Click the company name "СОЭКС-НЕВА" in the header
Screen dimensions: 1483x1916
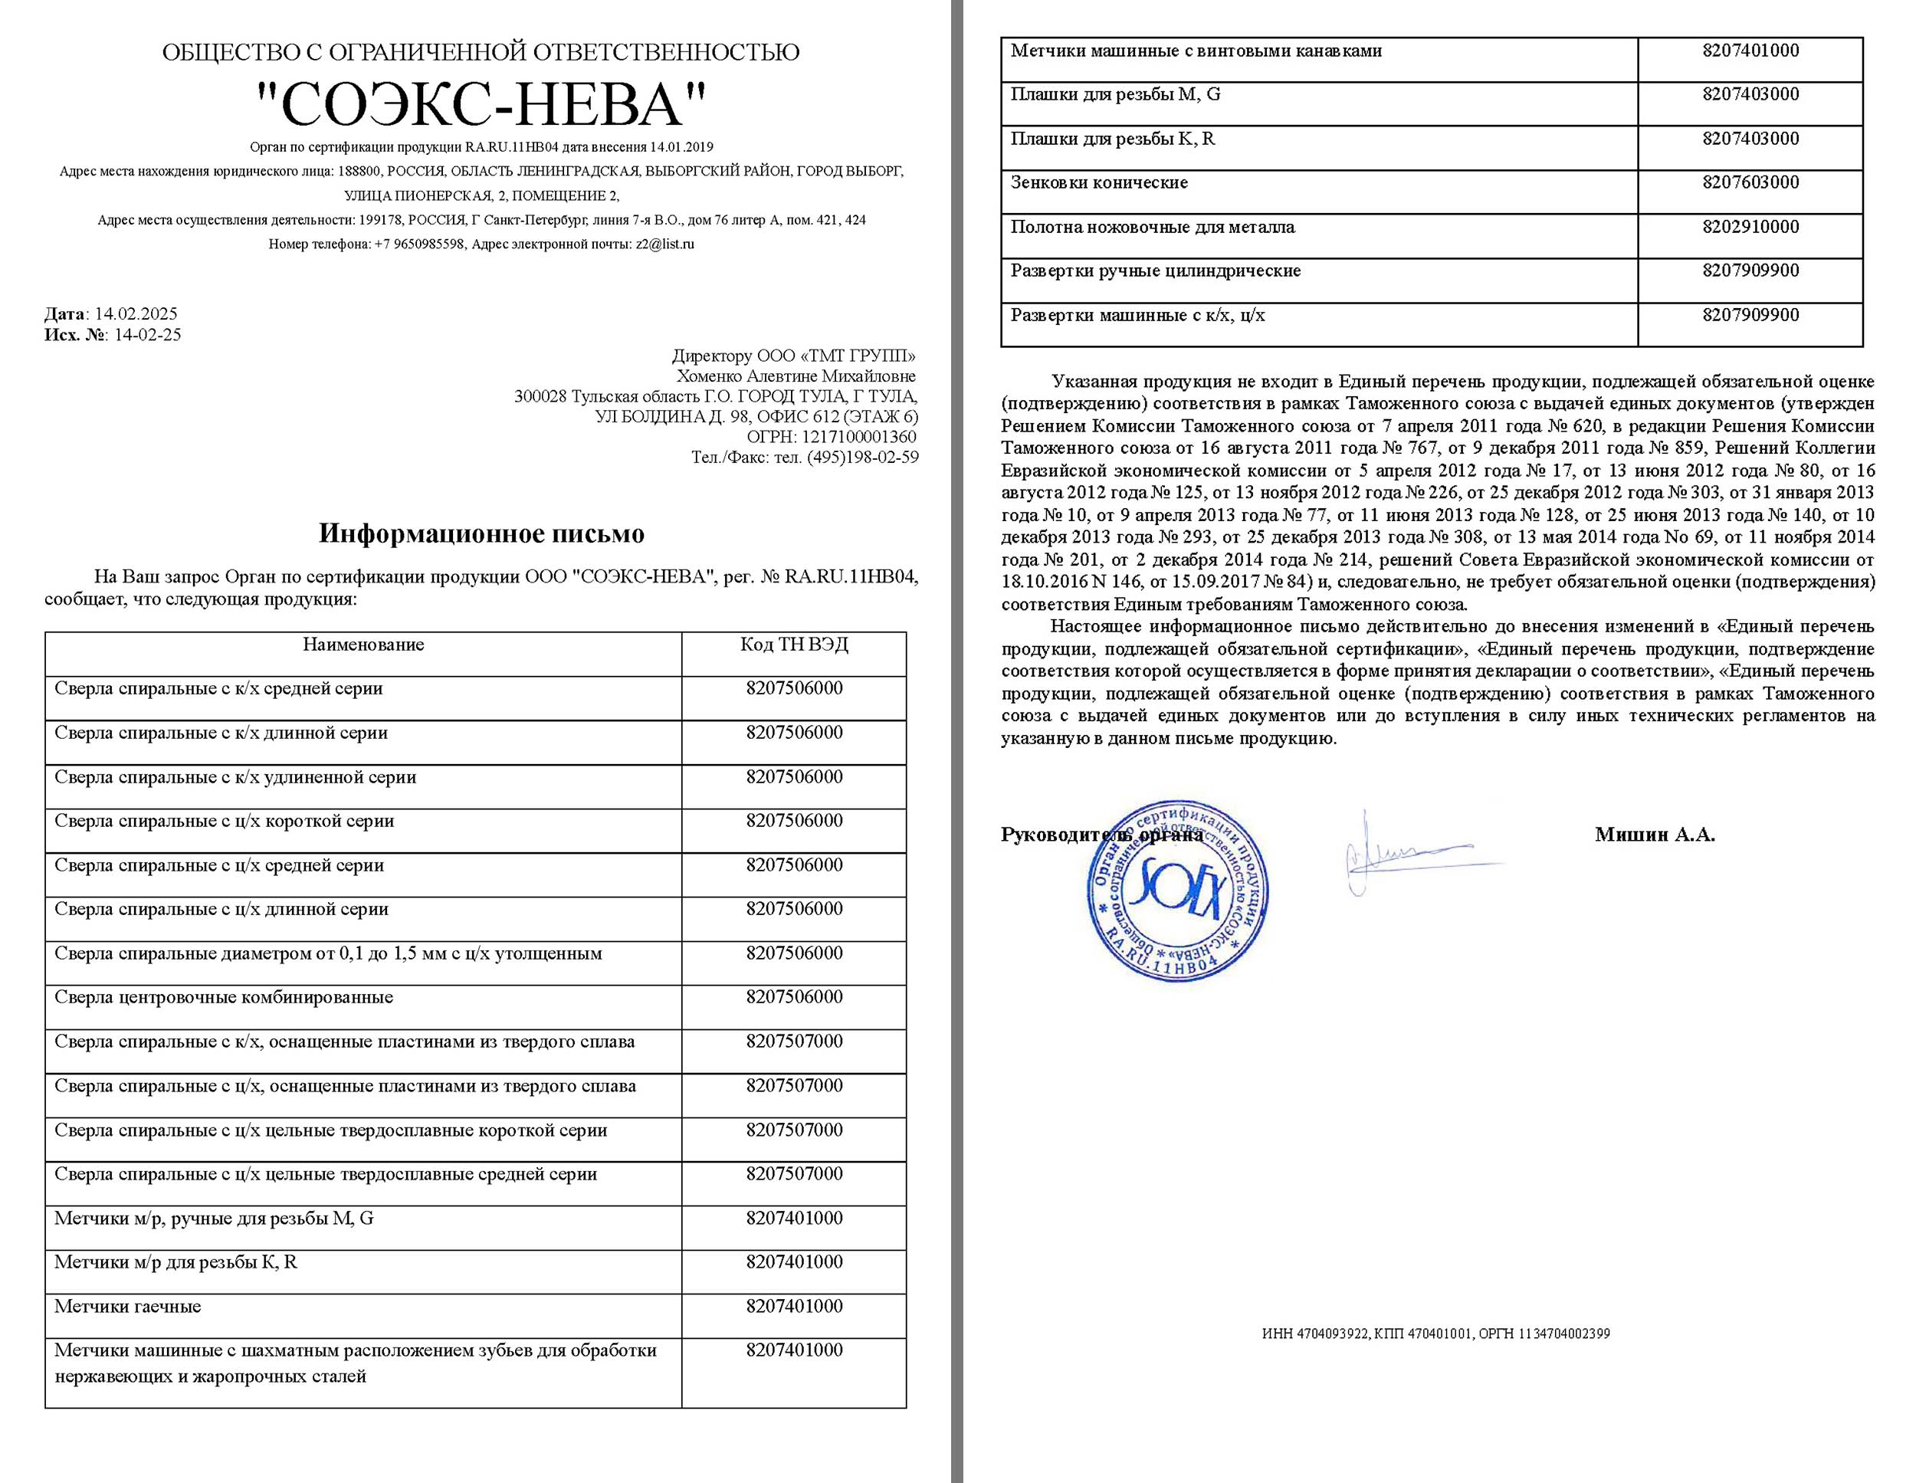coord(481,104)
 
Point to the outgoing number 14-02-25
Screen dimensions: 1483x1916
coord(147,334)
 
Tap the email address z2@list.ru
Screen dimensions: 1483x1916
coord(664,244)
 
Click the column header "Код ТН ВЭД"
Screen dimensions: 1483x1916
coord(794,645)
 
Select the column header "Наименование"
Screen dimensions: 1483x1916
coord(363,645)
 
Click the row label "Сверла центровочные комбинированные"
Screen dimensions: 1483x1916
coord(224,998)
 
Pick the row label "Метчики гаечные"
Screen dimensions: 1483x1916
coord(127,1307)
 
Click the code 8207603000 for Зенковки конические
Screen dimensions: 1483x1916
coord(1750,182)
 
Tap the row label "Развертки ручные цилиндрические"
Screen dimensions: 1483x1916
coord(1156,271)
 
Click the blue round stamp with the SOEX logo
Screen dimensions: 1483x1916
coord(1177,891)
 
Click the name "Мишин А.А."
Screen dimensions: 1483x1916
coord(1655,835)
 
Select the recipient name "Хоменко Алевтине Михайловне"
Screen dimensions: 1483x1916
coord(796,376)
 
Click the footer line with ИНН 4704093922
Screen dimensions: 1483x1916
coord(1435,1334)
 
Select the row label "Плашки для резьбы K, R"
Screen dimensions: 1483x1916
coord(1112,139)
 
